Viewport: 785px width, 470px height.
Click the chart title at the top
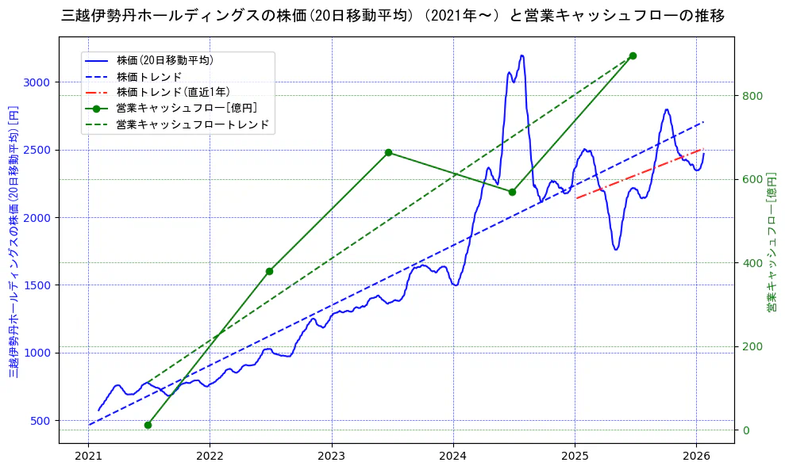(x=392, y=15)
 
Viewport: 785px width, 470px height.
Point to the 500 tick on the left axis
(x=40, y=420)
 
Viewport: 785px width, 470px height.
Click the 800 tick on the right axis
(x=752, y=96)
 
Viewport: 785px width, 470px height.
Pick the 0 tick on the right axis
(x=745, y=430)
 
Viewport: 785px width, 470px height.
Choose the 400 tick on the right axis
(x=752, y=263)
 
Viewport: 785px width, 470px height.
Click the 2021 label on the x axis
(x=88, y=456)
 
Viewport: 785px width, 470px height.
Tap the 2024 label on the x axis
(x=453, y=456)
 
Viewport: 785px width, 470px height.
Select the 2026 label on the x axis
(x=696, y=456)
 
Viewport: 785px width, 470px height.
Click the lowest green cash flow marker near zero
(x=148, y=425)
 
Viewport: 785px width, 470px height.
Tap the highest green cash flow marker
(x=633, y=55)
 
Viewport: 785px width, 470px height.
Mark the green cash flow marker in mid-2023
(x=388, y=152)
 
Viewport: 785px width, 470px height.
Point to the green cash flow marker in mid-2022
(x=269, y=271)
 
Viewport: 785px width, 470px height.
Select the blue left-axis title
(x=13, y=241)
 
